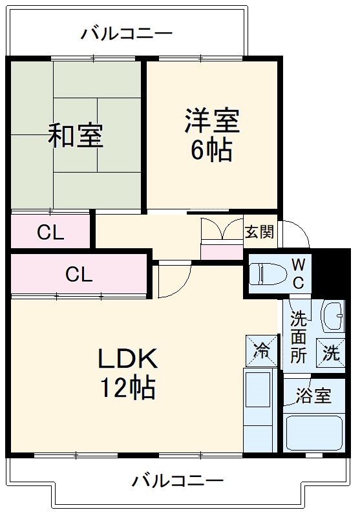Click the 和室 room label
[x=76, y=136]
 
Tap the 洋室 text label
[x=211, y=120]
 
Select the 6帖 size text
[x=211, y=151]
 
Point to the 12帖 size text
[x=127, y=388]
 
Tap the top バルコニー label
[x=127, y=33]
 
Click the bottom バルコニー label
[x=178, y=481]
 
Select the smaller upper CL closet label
[x=50, y=232]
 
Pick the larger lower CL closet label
[x=79, y=275]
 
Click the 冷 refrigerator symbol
[x=262, y=351]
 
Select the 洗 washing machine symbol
[x=330, y=353]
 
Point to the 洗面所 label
[x=298, y=337]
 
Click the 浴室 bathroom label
[x=313, y=396]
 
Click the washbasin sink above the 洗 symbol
[x=333, y=317]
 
